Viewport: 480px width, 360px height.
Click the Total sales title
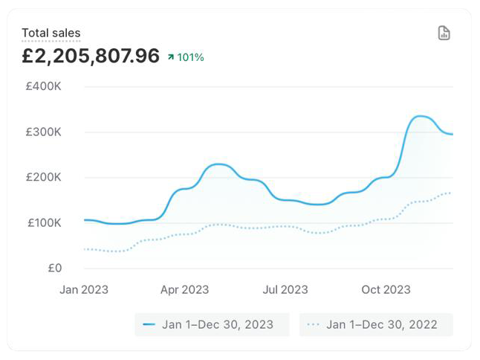pyautogui.click(x=51, y=33)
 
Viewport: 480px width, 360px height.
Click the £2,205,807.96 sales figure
pyautogui.click(x=90, y=56)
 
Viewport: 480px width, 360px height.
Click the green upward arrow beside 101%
pyautogui.click(x=171, y=57)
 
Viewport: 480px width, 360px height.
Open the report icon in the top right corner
pyautogui.click(x=444, y=33)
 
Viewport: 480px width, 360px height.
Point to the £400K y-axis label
pyautogui.click(x=43, y=86)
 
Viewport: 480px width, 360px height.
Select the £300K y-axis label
pyautogui.click(x=43, y=132)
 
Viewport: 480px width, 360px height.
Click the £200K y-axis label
pyautogui.click(x=43, y=177)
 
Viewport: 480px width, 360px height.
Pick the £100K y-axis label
pyautogui.click(x=43, y=222)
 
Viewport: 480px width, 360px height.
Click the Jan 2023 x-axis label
pyautogui.click(x=84, y=290)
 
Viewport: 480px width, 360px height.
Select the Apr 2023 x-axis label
pyautogui.click(x=184, y=290)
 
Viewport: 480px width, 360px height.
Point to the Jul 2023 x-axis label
pyautogui.click(x=285, y=290)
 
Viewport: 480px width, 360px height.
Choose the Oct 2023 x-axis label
pyautogui.click(x=386, y=290)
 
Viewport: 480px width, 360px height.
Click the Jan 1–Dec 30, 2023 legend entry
pyautogui.click(x=212, y=324)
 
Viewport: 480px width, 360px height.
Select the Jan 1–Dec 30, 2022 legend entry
pyautogui.click(x=376, y=324)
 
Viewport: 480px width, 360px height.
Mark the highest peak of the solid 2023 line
pyautogui.click(x=420, y=116)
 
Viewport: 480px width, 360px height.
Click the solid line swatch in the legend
pyautogui.click(x=149, y=324)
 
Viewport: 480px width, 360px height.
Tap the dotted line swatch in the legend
pyautogui.click(x=314, y=324)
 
